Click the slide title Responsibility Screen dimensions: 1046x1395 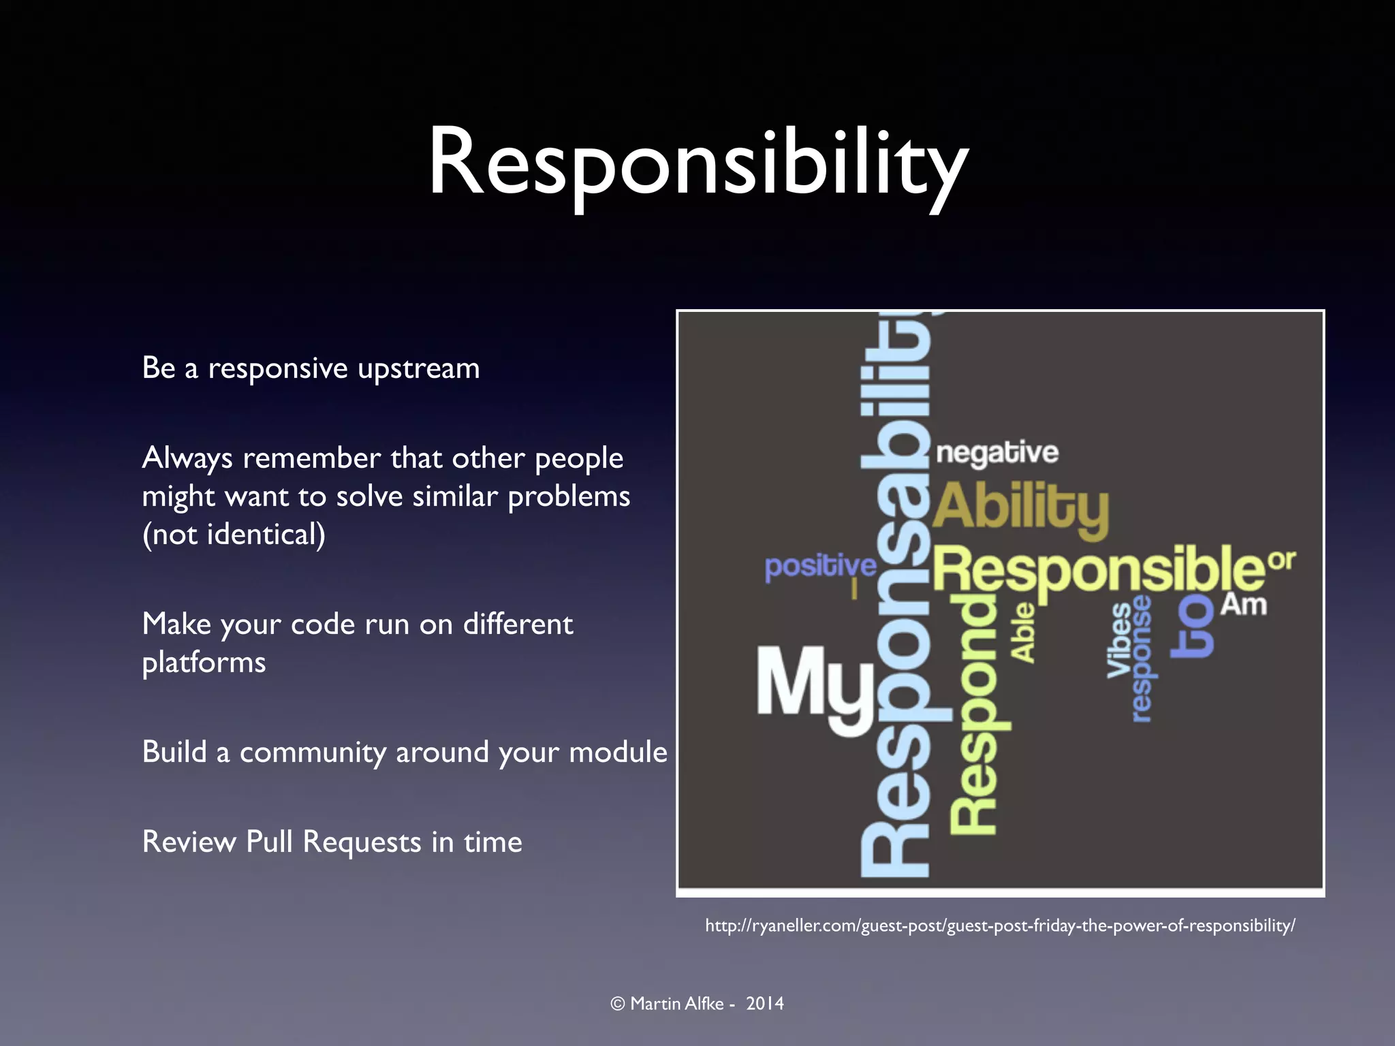(697, 163)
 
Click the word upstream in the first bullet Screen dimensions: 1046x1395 (418, 369)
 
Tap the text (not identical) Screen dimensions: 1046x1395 (234, 534)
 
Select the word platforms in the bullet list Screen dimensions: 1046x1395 (204, 663)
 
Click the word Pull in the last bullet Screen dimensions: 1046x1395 (270, 842)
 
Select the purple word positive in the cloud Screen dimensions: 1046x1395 (820, 567)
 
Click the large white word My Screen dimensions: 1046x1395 (815, 688)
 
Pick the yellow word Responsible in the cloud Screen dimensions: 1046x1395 (1098, 569)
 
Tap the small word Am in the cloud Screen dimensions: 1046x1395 (1243, 605)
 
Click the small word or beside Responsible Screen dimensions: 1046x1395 (1282, 560)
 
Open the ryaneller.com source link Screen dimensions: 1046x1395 (1000, 925)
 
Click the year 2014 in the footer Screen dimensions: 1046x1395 (764, 1003)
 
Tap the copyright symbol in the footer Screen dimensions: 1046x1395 (618, 1004)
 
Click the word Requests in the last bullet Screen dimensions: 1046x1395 (361, 842)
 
